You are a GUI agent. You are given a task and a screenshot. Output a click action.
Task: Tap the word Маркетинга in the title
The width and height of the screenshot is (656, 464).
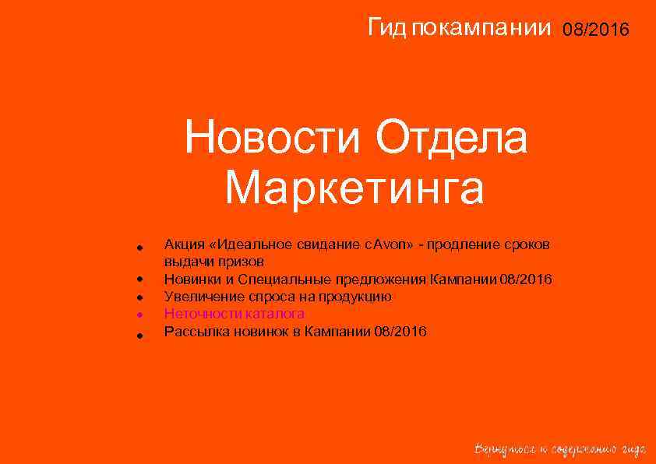354,189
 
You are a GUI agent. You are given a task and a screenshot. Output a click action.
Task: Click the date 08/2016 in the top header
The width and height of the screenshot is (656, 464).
596,30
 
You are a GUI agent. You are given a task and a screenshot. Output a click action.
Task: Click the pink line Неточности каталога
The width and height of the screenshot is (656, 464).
234,314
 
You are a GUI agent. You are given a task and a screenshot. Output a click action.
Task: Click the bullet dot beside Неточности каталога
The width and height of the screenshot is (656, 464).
137,315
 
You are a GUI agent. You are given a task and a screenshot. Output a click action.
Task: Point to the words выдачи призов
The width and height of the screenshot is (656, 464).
213,262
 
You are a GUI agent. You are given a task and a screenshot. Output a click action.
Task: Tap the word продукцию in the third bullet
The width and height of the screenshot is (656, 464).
358,297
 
